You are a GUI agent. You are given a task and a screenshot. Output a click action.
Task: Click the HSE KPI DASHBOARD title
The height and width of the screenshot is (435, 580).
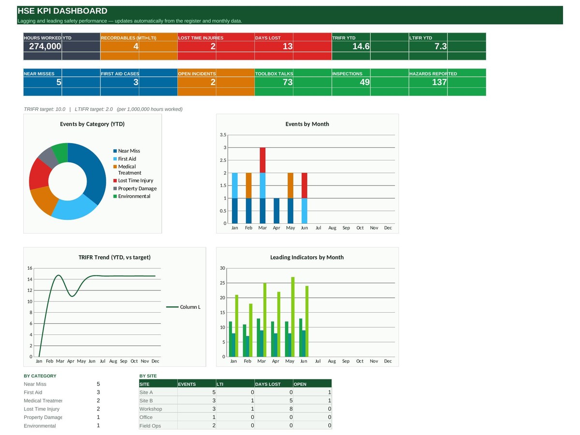(x=62, y=11)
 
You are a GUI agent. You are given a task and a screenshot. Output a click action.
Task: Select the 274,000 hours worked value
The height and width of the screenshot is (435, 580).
(x=45, y=46)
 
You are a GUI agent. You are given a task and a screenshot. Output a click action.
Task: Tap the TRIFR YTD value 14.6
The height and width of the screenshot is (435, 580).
(x=361, y=46)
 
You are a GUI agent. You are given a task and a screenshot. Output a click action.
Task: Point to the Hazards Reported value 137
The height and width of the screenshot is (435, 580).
(x=439, y=82)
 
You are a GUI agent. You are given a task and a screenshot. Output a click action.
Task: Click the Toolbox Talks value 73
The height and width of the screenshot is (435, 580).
(x=288, y=82)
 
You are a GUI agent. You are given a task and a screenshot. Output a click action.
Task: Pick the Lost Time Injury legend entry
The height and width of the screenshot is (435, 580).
(x=133, y=180)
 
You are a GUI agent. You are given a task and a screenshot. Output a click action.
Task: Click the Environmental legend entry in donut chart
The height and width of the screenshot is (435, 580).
(x=132, y=196)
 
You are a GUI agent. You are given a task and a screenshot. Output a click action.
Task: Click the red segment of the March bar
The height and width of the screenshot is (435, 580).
(x=262, y=160)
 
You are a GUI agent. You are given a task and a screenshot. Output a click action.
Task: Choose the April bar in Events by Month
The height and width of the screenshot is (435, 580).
(x=276, y=211)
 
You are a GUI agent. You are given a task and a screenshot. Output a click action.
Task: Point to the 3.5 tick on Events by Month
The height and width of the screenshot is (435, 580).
(x=223, y=135)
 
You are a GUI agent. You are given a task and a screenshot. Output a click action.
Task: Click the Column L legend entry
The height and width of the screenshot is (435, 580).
(x=183, y=307)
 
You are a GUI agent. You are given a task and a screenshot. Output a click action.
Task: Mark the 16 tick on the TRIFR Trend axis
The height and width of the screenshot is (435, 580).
(x=29, y=268)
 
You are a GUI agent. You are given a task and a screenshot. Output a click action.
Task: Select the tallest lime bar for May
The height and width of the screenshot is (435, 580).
(x=293, y=317)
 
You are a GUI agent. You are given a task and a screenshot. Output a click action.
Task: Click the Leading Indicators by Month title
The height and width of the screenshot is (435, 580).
(x=307, y=257)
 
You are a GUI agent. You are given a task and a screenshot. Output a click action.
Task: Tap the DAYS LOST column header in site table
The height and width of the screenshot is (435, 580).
(x=268, y=384)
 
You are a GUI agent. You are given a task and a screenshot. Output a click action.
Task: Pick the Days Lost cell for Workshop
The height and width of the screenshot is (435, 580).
(x=290, y=409)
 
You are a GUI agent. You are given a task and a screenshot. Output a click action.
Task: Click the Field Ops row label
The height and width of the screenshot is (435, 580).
(x=150, y=426)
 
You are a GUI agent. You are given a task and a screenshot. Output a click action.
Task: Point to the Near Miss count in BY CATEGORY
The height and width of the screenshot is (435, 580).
(x=98, y=384)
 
